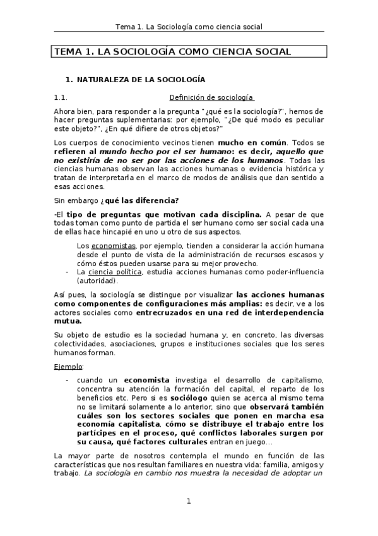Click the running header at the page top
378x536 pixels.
click(x=189, y=27)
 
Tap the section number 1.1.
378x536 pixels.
click(x=61, y=97)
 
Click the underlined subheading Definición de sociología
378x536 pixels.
click(x=211, y=97)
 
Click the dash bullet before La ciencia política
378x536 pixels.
click(x=67, y=272)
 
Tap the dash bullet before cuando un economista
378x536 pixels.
click(x=67, y=379)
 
